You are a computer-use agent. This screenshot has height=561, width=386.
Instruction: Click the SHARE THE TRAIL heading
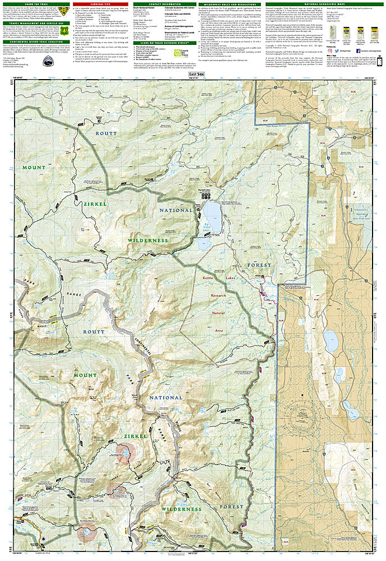tap(32, 4)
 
